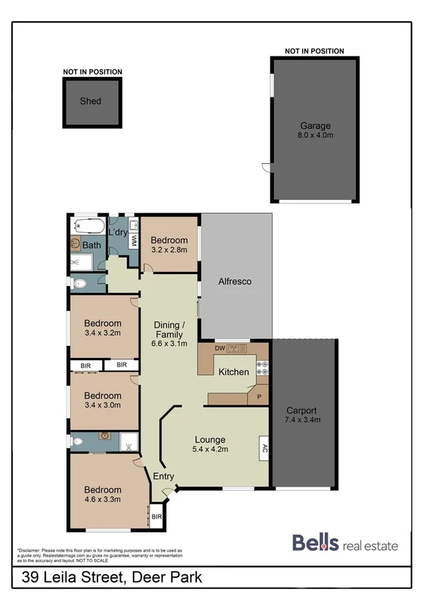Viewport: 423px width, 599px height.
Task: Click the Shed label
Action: [x=90, y=101]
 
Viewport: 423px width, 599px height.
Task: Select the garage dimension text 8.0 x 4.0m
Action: [x=314, y=136]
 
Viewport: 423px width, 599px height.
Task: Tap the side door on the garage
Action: [x=266, y=167]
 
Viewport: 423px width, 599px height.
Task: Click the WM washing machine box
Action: [x=133, y=241]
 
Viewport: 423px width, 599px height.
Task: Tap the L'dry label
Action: [x=118, y=232]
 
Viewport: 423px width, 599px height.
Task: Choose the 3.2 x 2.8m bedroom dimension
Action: [x=169, y=249]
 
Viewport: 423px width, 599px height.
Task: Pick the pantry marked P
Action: [x=258, y=397]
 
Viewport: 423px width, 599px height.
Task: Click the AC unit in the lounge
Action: [x=264, y=449]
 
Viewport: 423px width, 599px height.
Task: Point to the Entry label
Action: [x=164, y=476]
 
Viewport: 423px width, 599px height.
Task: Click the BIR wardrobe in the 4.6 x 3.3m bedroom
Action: [x=156, y=517]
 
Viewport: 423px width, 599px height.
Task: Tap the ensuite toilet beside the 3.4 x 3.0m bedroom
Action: [x=78, y=441]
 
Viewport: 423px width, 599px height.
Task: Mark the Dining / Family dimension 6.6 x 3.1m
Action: [x=169, y=344]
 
